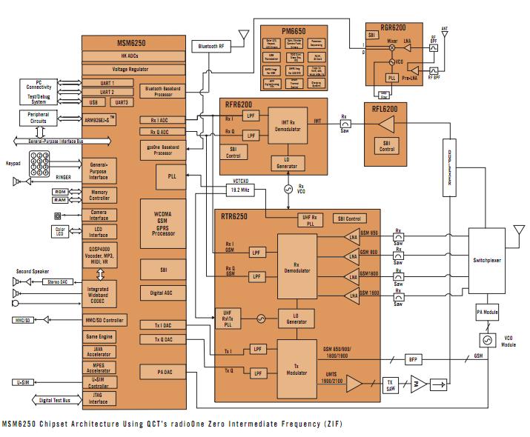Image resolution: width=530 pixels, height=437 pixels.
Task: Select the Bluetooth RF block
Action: (212, 46)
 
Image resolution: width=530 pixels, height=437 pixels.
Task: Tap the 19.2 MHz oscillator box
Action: (240, 190)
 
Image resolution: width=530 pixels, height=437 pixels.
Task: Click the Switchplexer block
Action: (488, 261)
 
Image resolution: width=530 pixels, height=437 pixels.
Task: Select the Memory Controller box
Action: (99, 195)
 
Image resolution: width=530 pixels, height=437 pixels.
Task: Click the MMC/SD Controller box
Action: (107, 320)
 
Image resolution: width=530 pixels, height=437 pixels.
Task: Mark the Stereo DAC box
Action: (60, 281)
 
